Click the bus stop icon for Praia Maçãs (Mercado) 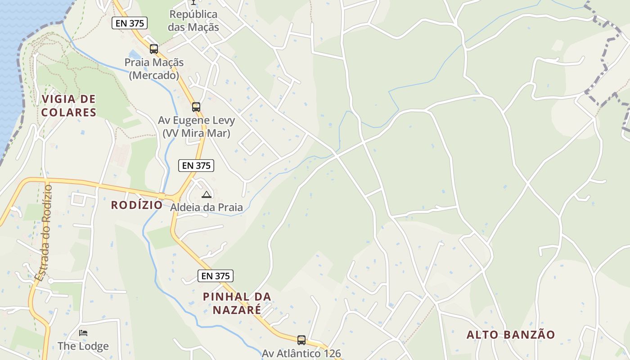[x=154, y=49]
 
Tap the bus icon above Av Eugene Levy [x=196, y=107]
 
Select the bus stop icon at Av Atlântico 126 [x=301, y=340]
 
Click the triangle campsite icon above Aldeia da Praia [x=207, y=194]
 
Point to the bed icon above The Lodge [x=83, y=333]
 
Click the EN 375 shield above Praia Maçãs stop [x=130, y=23]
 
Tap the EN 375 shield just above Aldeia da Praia [x=196, y=166]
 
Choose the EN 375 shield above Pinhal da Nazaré [x=216, y=276]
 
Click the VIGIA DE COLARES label [x=69, y=106]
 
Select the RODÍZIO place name [x=137, y=205]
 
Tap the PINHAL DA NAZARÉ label [x=237, y=303]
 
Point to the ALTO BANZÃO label [x=511, y=335]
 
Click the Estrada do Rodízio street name [x=44, y=233]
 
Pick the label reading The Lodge [x=83, y=346]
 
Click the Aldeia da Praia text [x=207, y=207]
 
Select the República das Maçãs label [x=193, y=21]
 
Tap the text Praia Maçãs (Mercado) [x=154, y=69]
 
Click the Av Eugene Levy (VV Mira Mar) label [x=196, y=127]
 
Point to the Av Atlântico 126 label [x=301, y=353]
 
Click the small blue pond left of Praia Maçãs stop [x=134, y=54]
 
